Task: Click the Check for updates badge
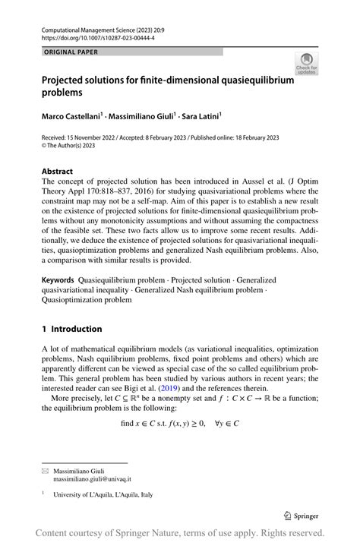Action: (x=306, y=64)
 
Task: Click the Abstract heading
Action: (x=58, y=172)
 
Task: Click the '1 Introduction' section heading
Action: (x=71, y=329)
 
